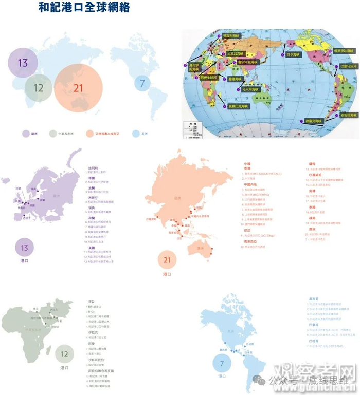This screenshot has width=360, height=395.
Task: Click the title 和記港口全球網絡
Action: coord(84,9)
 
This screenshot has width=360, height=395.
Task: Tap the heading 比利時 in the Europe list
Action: coord(94,167)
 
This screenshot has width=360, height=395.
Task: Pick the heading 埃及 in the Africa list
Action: coord(91,302)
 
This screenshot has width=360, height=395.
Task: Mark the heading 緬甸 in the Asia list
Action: coord(312,163)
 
